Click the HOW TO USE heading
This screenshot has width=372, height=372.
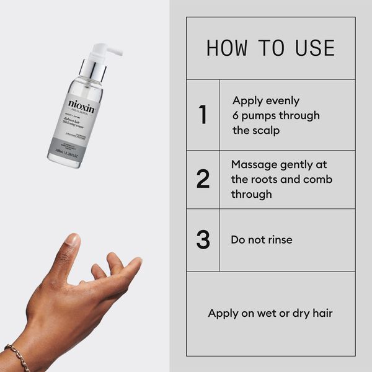click(x=270, y=48)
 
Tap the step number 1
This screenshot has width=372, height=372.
click(x=203, y=115)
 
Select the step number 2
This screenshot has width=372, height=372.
click(x=203, y=179)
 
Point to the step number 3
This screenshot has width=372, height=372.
click(x=203, y=240)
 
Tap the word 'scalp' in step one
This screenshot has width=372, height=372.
click(x=264, y=130)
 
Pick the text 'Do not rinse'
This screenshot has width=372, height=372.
click(x=261, y=240)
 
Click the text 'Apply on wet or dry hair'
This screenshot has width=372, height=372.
click(x=270, y=313)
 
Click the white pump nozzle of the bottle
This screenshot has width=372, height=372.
click(x=105, y=48)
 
